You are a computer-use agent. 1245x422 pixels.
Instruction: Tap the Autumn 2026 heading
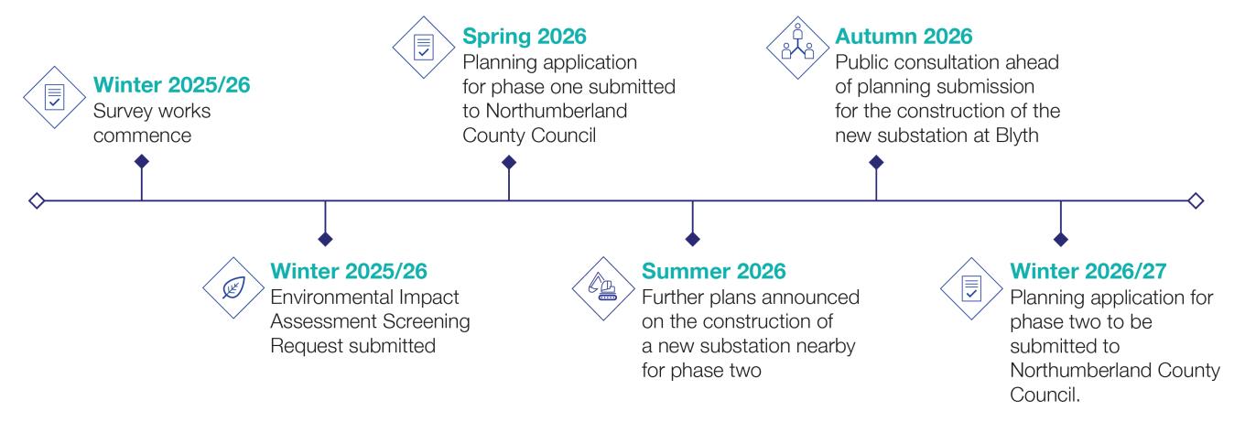click(x=904, y=38)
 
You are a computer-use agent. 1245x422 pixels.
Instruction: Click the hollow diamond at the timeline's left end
click(x=36, y=200)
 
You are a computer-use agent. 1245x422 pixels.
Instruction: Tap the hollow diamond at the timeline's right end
click(x=1196, y=200)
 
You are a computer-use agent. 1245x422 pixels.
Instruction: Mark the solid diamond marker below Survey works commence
click(x=141, y=162)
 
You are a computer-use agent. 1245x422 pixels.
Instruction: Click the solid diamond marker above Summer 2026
click(x=693, y=239)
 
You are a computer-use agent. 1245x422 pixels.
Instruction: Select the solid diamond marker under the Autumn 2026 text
click(x=876, y=162)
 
